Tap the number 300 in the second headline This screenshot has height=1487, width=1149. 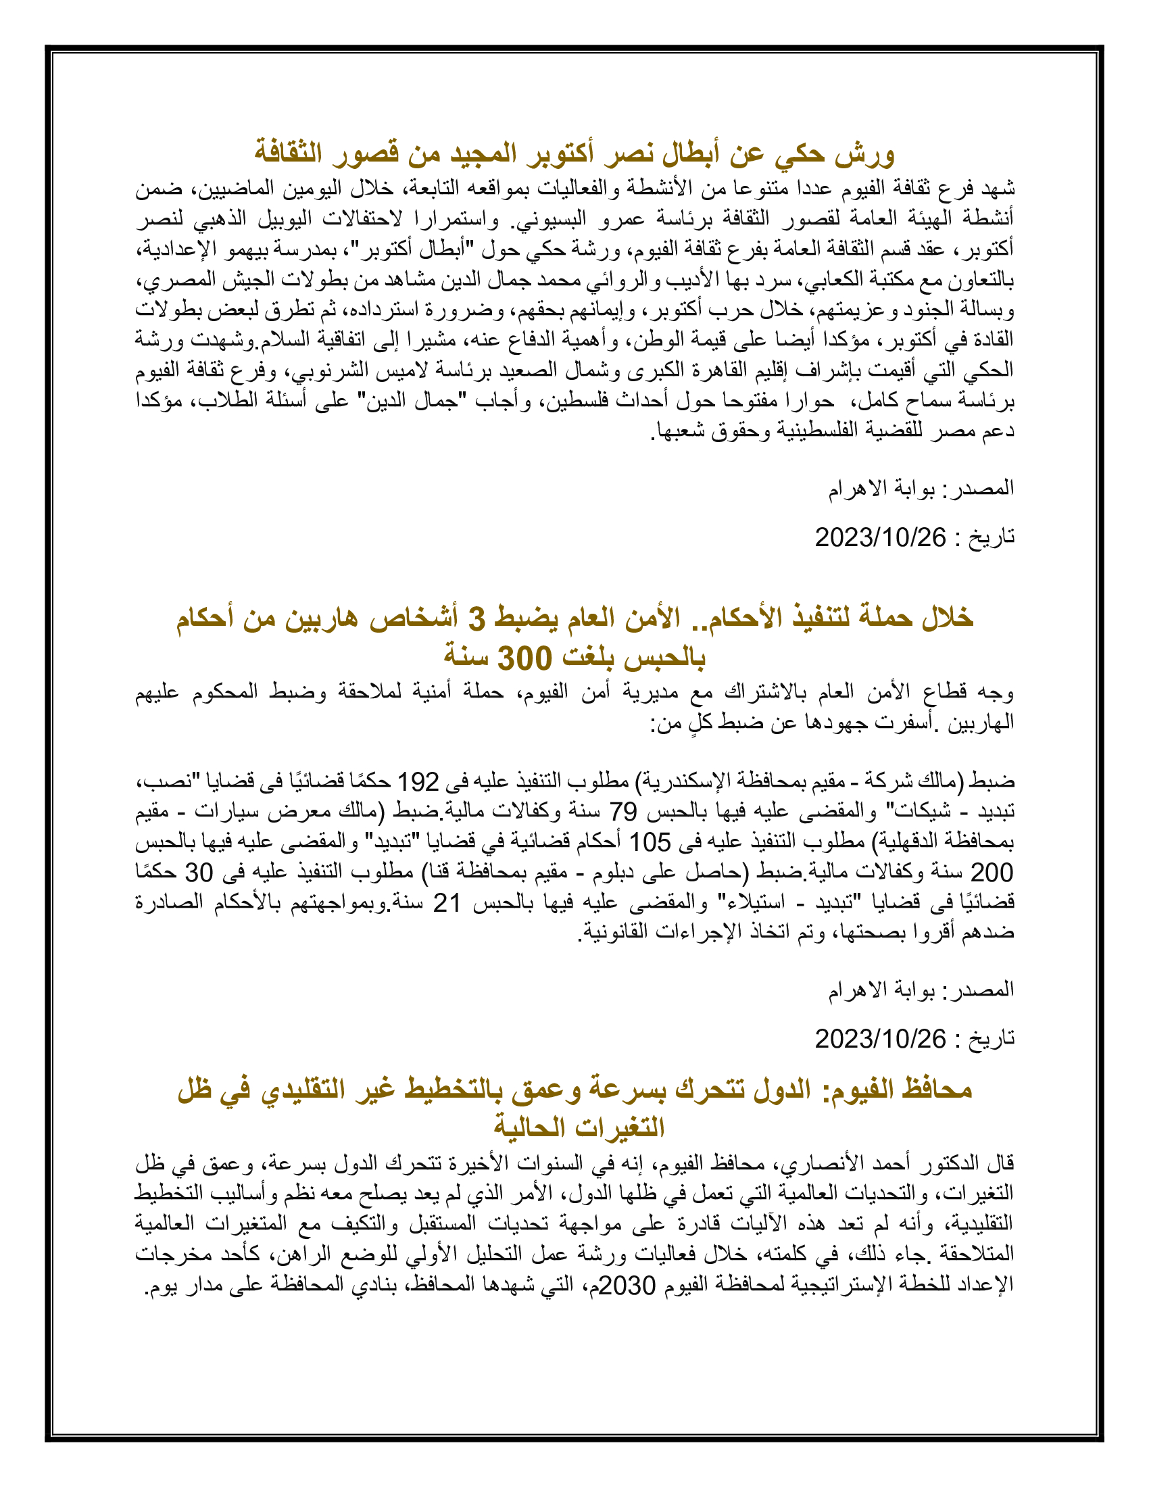pyautogui.click(x=523, y=658)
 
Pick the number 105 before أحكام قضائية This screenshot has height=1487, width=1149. pyautogui.click(x=650, y=842)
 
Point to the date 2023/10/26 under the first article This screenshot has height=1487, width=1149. pyautogui.click(x=880, y=538)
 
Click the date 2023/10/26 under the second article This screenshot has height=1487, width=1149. pyautogui.click(x=880, y=1039)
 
